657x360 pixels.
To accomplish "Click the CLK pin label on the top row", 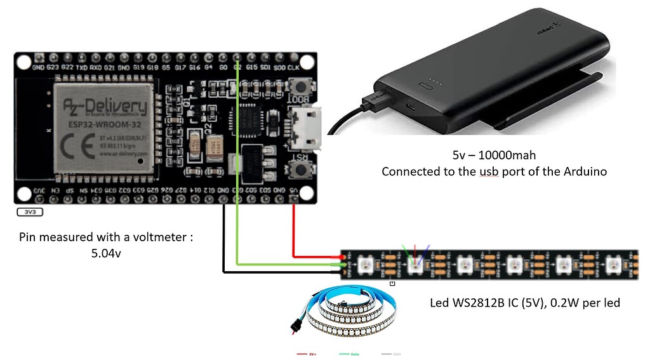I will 293,67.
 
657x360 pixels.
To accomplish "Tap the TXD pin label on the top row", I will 81,67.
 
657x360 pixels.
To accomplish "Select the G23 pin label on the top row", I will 53,67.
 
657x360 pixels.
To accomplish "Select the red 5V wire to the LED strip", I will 294,235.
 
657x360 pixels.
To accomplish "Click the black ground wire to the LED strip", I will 223,248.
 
